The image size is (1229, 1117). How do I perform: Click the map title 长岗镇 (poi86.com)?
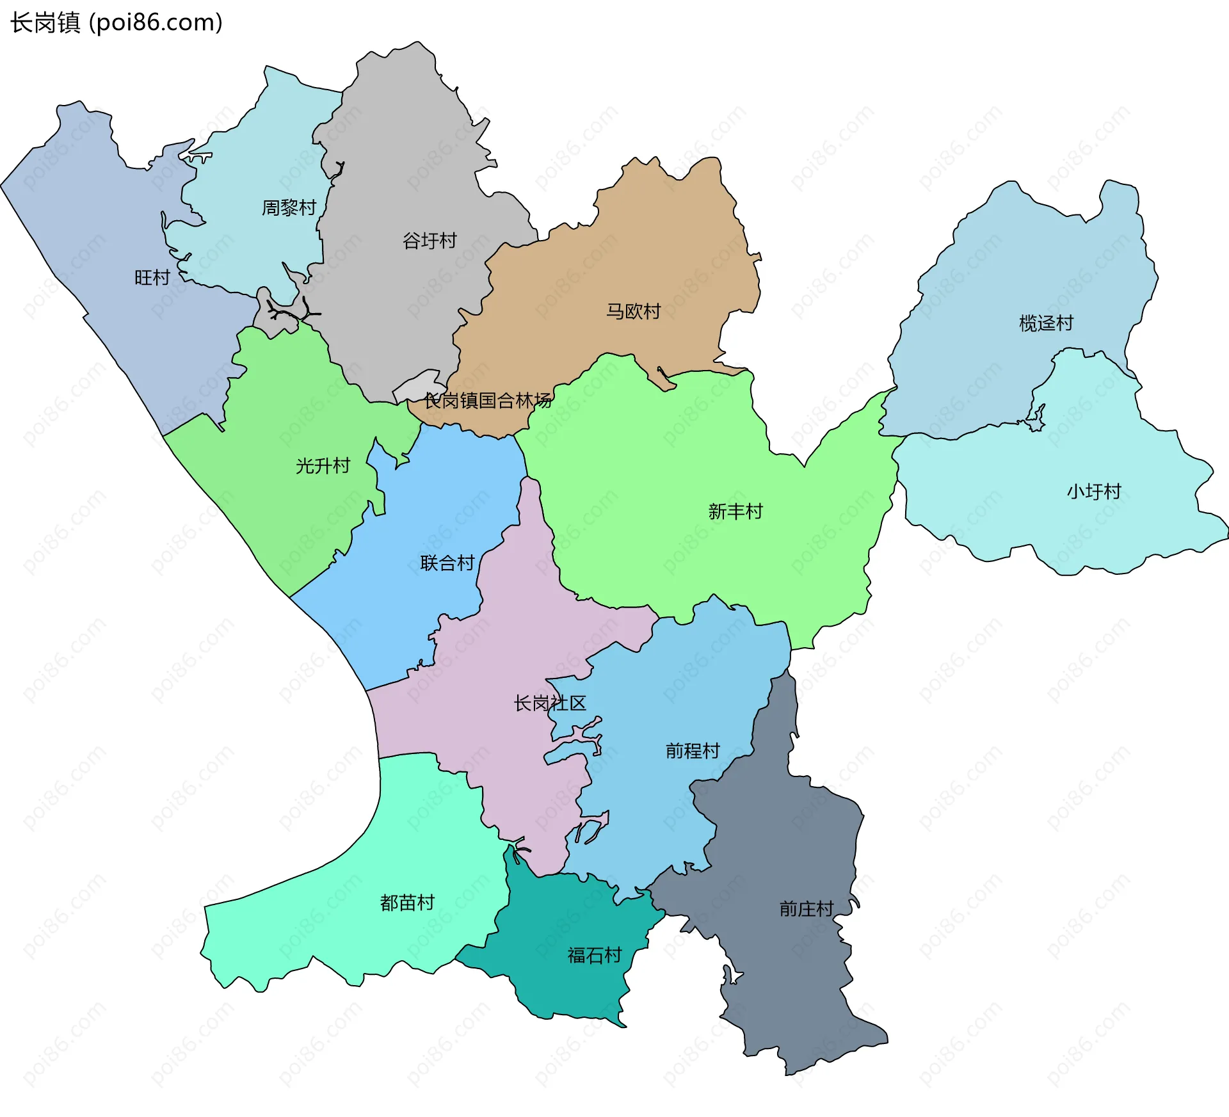tap(116, 22)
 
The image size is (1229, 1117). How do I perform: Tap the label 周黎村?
tap(289, 207)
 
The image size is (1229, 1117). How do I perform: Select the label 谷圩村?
tap(430, 241)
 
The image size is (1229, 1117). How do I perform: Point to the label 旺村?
tap(152, 277)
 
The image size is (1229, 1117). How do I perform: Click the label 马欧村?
tap(633, 311)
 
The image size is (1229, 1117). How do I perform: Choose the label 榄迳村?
tap(1046, 323)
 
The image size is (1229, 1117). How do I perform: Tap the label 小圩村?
tap(1094, 491)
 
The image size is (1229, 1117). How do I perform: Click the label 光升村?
tap(323, 465)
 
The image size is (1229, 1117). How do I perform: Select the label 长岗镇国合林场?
tap(487, 401)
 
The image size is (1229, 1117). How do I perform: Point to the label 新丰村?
tap(735, 511)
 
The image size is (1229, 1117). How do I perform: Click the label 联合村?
tap(447, 563)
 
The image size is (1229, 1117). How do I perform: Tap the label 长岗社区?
tap(550, 703)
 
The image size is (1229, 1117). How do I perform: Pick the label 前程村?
tap(693, 750)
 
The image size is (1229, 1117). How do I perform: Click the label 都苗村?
tap(407, 903)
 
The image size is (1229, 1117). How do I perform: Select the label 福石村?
tap(595, 955)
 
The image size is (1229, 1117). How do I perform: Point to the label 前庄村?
tap(806, 908)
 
